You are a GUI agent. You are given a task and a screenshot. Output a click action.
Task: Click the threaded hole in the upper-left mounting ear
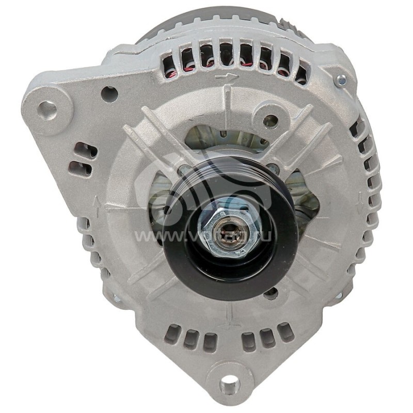47,110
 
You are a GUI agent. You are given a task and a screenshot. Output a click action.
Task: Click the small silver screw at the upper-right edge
341,80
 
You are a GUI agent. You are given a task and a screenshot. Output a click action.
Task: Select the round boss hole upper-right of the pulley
271,121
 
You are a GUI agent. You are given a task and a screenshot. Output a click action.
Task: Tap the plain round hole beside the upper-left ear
109,94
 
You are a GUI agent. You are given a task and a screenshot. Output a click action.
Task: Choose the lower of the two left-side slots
81,168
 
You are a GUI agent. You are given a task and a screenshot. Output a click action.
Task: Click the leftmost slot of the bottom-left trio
172,334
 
